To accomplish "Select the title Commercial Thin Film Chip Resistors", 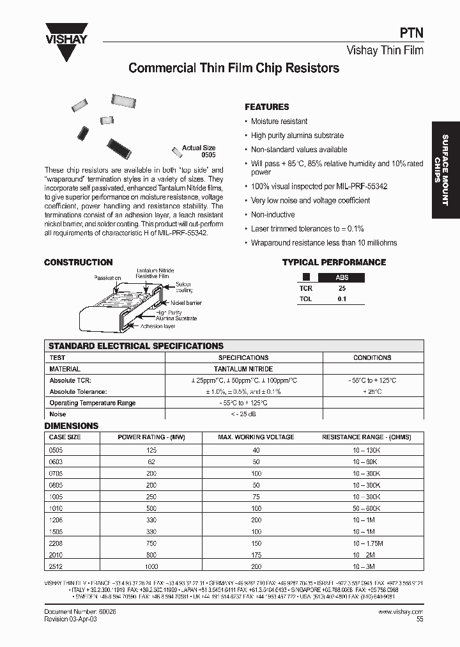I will [x=234, y=68].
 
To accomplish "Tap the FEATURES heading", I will [x=267, y=107].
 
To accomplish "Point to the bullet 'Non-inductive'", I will [x=273, y=215].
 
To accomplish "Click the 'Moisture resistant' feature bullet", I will [x=279, y=121].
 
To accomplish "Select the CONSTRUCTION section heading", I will [x=78, y=262].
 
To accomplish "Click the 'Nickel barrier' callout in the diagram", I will [x=186, y=302].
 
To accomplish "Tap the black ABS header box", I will [x=342, y=277].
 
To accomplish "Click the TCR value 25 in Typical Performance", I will [x=342, y=288].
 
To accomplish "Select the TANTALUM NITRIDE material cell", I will [x=243, y=369].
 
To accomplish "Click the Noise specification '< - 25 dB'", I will [x=243, y=414].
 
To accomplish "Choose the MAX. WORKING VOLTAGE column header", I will [x=256, y=437].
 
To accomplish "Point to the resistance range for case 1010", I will [x=367, y=508].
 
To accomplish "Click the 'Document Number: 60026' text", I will [x=80, y=612].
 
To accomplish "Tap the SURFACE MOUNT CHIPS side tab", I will [x=445, y=169].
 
